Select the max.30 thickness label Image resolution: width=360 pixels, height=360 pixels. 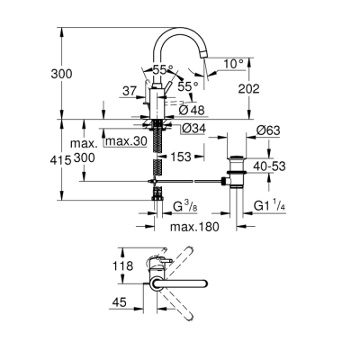[126, 141]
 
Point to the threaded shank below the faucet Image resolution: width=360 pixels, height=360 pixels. [159, 148]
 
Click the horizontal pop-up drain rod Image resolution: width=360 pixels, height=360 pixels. [193, 183]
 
